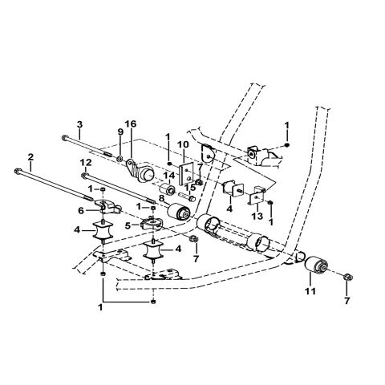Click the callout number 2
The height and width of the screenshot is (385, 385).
(30, 157)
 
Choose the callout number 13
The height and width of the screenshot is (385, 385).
(257, 217)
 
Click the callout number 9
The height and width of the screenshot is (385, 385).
(120, 132)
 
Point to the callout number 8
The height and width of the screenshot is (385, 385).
(162, 197)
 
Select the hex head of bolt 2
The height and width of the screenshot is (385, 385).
(17, 170)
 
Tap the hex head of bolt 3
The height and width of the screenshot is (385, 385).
(63, 137)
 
